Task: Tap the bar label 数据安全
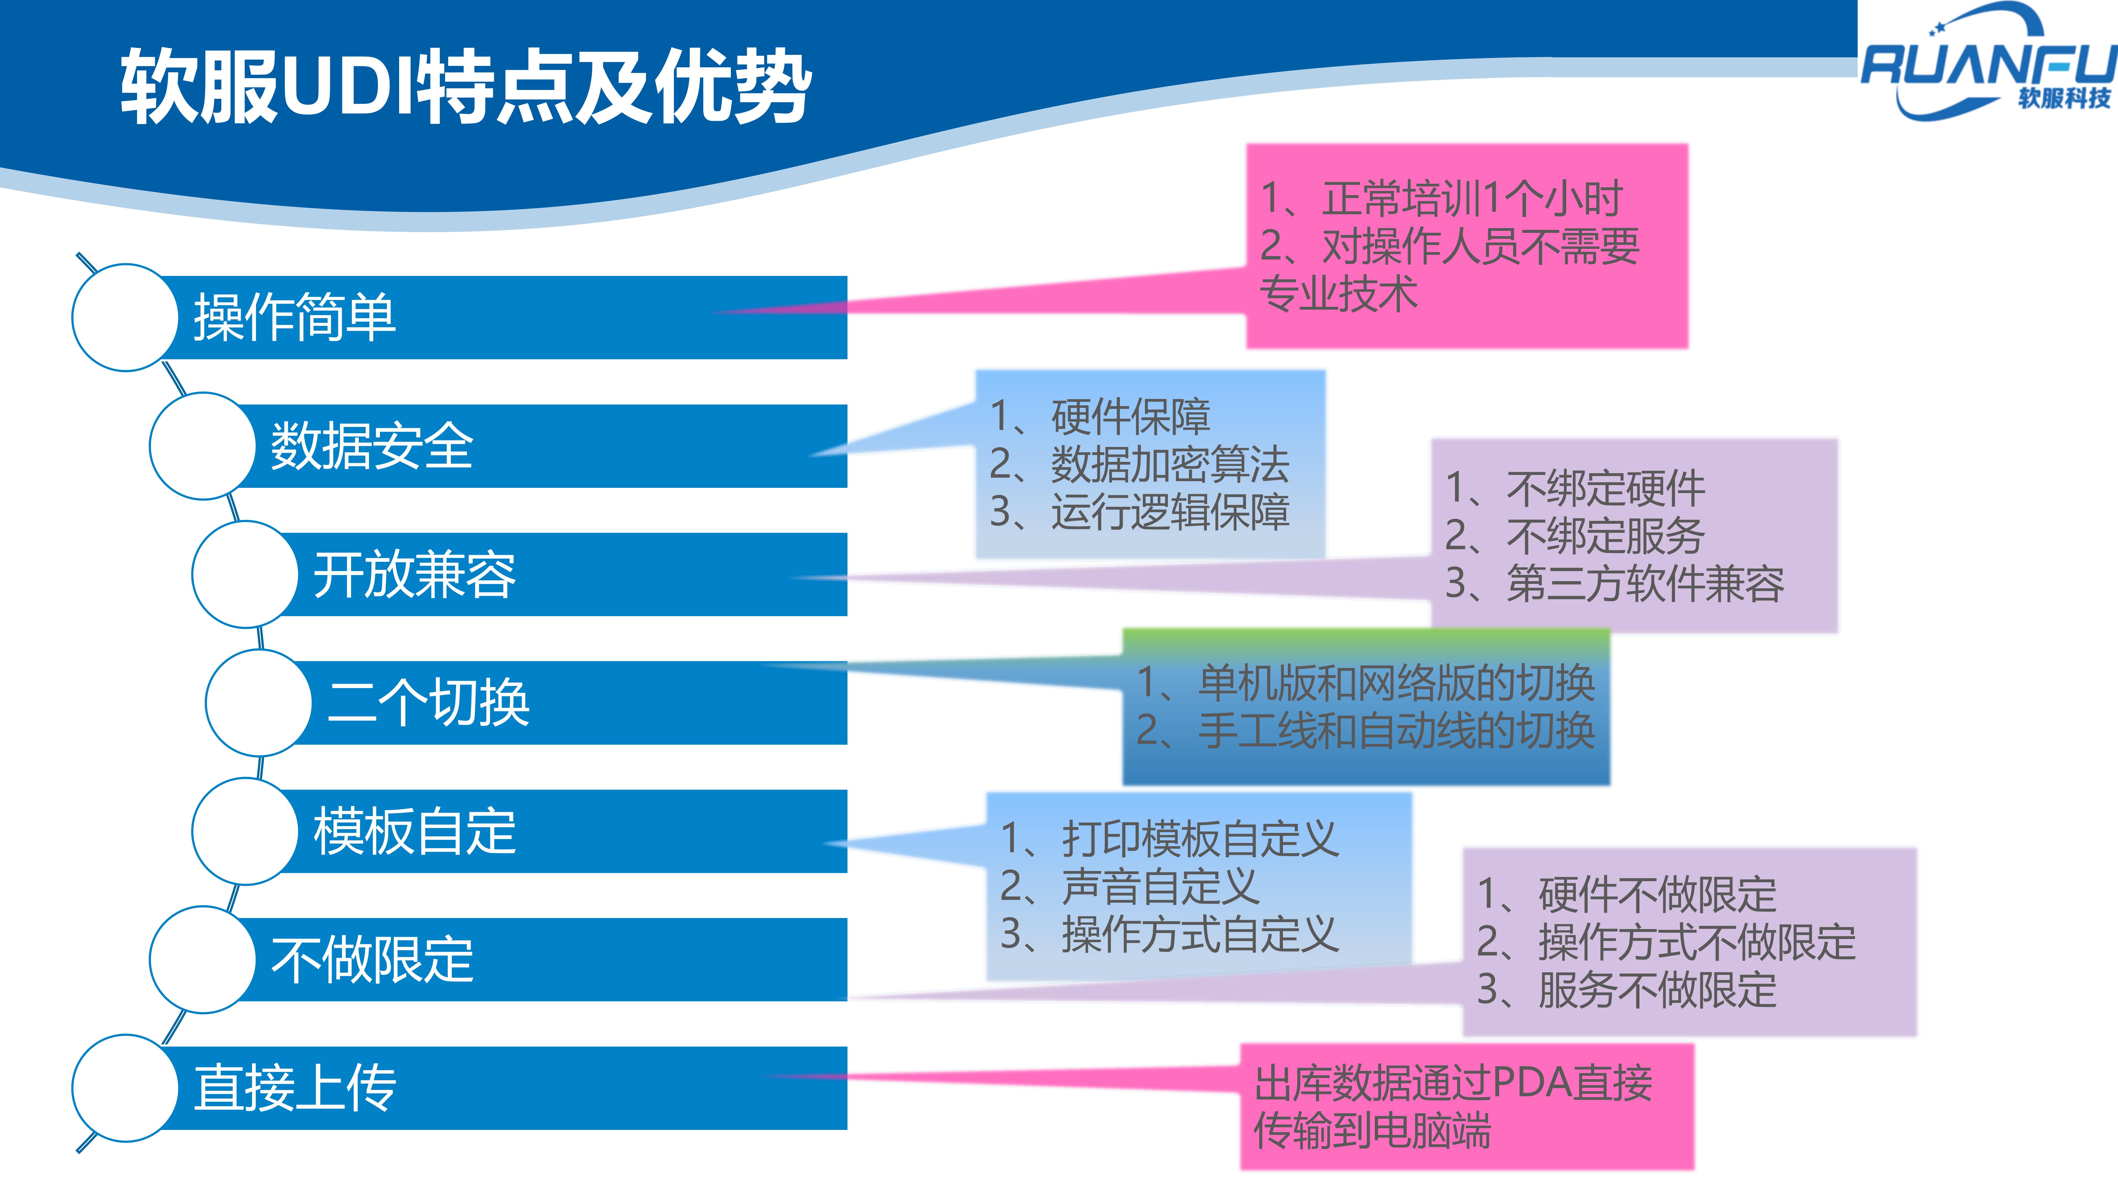(x=372, y=446)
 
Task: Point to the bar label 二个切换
(x=428, y=703)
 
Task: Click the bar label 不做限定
(x=372, y=959)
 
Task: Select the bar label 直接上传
(x=294, y=1087)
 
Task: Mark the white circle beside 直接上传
(x=125, y=1087)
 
